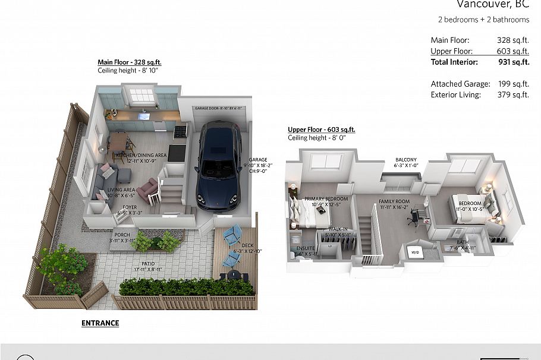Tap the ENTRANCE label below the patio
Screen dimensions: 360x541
pos(100,323)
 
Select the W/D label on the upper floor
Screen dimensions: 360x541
pos(415,251)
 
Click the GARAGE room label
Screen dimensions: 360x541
pos(258,160)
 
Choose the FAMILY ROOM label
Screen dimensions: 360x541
pos(394,202)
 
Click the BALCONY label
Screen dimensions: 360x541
pos(407,160)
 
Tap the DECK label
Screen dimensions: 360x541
pos(247,245)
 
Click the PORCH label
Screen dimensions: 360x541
pos(122,235)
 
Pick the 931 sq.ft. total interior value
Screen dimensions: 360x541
pos(513,62)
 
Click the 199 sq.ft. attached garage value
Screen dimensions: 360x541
pos(513,84)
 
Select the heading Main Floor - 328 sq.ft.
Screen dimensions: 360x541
pos(129,62)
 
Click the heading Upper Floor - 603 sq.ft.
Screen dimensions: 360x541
pos(321,130)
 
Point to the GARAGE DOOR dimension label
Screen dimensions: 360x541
pos(219,109)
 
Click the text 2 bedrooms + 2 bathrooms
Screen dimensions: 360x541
pos(483,20)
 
